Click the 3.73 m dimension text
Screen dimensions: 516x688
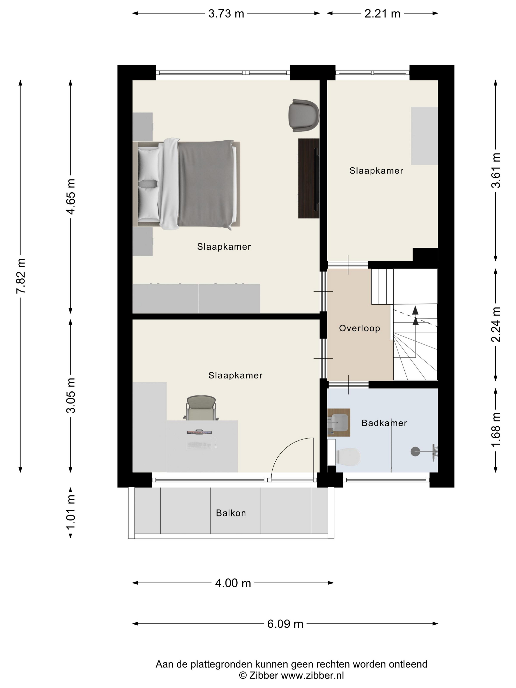[x=226, y=14]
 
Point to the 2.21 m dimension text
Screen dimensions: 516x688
[x=382, y=14]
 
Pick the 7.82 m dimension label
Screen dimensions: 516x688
[x=21, y=276]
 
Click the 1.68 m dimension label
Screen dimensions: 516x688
[x=496, y=430]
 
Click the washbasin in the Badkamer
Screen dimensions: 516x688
[x=339, y=423]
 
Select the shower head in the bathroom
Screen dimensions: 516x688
[x=415, y=451]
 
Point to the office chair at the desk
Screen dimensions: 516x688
[x=201, y=408]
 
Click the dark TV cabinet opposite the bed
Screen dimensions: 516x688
[x=309, y=178]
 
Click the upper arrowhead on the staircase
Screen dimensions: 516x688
[x=415, y=310]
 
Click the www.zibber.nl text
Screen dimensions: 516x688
[x=312, y=675]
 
